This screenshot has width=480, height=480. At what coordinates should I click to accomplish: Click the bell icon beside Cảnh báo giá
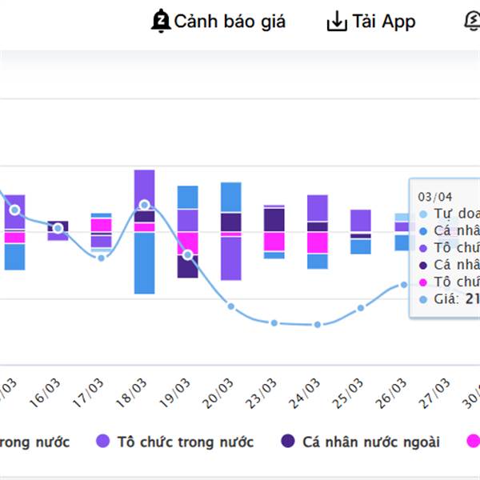[161, 22]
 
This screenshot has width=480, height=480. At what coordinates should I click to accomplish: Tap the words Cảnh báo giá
[230, 22]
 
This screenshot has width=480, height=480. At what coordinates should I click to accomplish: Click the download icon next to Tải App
[337, 22]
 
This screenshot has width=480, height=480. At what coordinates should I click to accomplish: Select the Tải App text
[384, 22]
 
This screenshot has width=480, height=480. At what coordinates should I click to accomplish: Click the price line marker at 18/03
[144, 206]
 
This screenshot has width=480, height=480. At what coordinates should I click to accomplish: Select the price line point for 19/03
[188, 255]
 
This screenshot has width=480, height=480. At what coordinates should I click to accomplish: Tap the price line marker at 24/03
[318, 325]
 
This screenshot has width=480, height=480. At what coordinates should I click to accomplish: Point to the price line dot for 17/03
[101, 258]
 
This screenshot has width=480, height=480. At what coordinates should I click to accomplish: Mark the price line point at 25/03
[361, 308]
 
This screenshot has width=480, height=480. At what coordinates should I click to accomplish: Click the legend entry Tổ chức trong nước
[175, 442]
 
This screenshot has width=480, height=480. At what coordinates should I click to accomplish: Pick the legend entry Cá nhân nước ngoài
[361, 442]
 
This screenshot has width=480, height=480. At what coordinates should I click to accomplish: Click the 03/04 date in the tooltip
[434, 197]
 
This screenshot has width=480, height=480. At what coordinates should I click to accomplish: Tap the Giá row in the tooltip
[448, 299]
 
